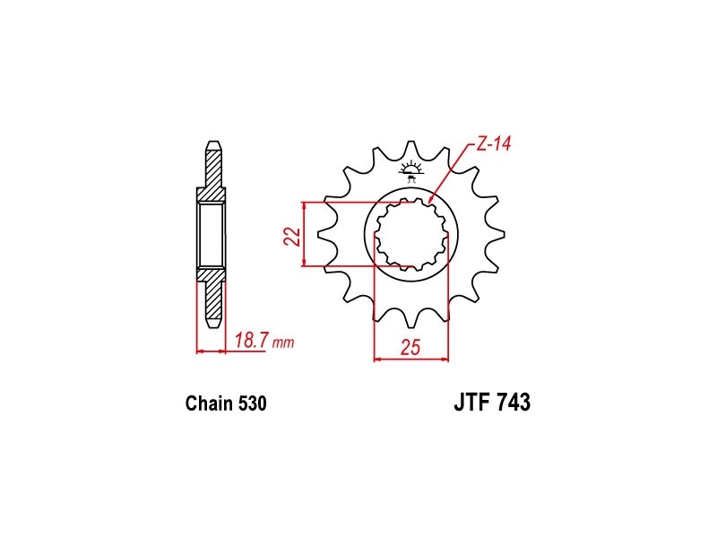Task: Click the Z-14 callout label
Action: [x=494, y=144]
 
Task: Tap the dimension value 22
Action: [x=293, y=236]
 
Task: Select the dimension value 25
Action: [x=410, y=348]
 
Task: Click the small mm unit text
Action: [x=283, y=343]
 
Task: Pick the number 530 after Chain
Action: [x=252, y=403]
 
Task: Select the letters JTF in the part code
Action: [x=472, y=403]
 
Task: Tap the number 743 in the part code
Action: [x=514, y=403]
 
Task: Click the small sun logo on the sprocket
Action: [x=410, y=169]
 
